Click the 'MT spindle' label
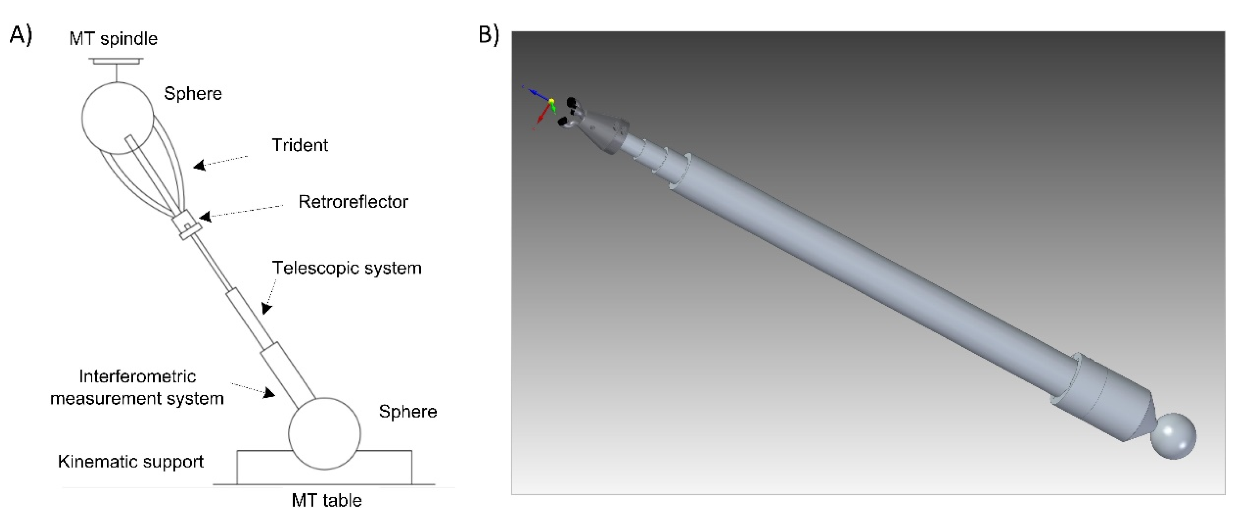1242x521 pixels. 113,38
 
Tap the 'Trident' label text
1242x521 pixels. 299,145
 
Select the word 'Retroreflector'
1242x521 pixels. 353,202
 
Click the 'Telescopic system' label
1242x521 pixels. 347,268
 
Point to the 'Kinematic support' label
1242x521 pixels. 131,462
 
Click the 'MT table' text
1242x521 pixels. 326,500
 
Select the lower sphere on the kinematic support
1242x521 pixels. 324,433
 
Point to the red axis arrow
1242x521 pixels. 542,116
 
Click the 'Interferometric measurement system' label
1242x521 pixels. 137,387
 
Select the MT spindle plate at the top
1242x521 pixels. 116,61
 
